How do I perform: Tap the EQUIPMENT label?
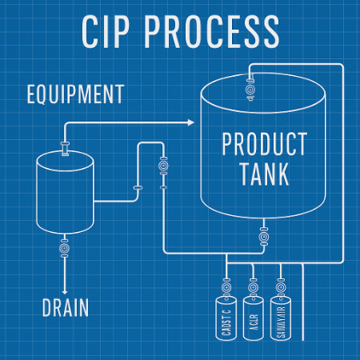tap(75, 94)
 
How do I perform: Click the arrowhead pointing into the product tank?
tap(190, 122)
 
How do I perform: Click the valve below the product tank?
tap(262, 236)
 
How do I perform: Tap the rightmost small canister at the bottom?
tap(280, 318)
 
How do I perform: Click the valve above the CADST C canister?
tap(226, 285)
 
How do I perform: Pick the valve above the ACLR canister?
tap(254, 285)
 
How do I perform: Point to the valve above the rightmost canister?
tap(280, 285)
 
